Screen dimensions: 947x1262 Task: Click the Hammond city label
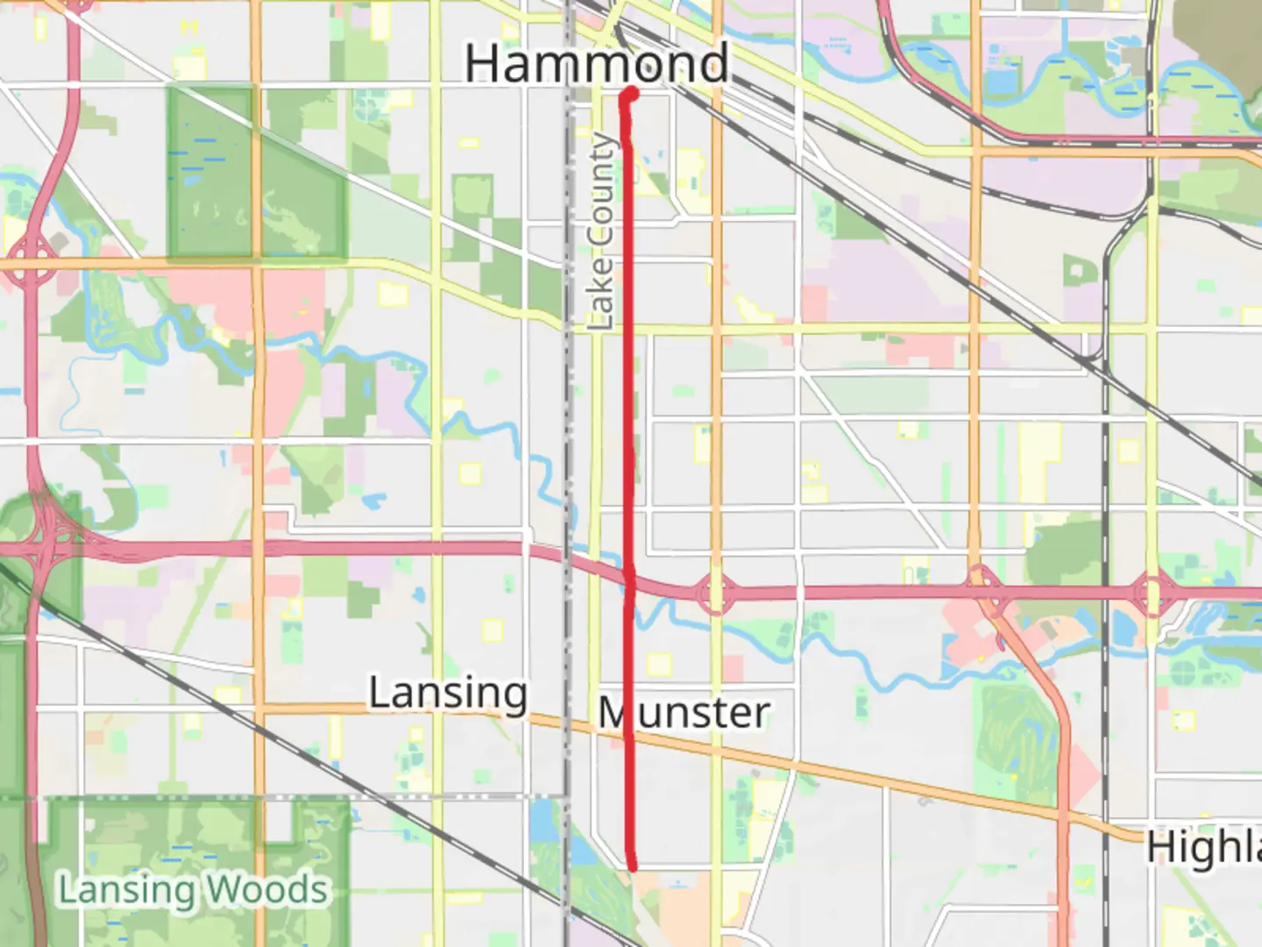[596, 63]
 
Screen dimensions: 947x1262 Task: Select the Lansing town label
[448, 694]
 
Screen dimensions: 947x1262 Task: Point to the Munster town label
[684, 712]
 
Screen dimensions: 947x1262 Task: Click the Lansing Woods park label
[193, 890]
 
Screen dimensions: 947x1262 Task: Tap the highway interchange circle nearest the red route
[715, 594]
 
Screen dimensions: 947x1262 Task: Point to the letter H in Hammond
[483, 64]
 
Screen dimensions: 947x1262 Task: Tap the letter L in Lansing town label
[379, 693]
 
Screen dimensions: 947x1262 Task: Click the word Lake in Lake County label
[601, 294]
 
